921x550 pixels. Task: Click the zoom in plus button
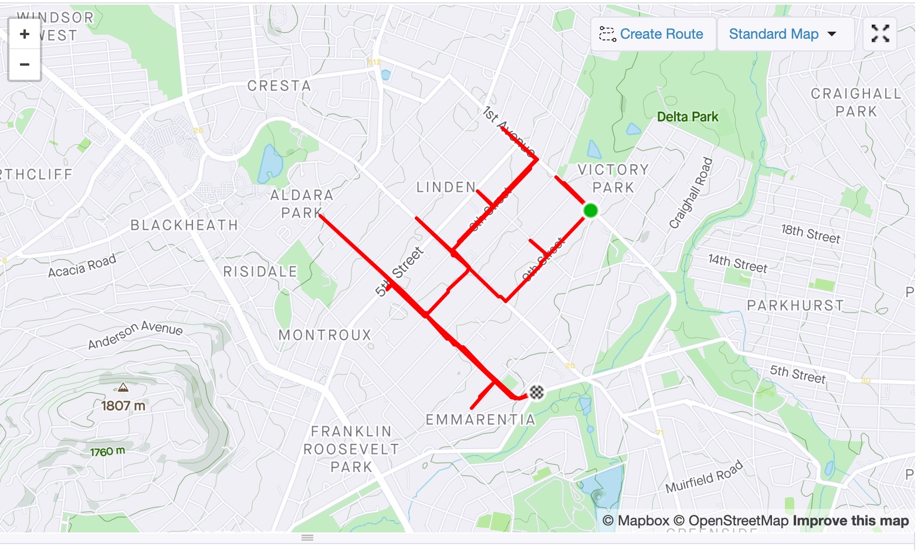(25, 34)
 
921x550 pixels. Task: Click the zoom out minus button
(25, 64)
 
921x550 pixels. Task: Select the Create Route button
(652, 34)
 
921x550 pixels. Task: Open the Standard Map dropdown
(783, 34)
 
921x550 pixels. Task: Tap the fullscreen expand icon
(880, 34)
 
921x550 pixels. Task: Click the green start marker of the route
(590, 211)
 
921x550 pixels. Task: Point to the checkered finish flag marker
(536, 392)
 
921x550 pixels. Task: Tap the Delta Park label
(688, 117)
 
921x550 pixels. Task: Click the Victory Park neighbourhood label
(613, 178)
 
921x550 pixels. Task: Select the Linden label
(446, 188)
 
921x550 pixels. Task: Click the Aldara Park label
(302, 203)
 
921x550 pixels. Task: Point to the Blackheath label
(184, 225)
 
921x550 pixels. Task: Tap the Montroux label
(325, 335)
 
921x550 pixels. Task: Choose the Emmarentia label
(480, 420)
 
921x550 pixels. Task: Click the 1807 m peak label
(123, 406)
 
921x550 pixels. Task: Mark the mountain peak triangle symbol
(123, 387)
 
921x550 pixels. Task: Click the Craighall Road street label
(691, 193)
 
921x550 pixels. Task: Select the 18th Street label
(811, 233)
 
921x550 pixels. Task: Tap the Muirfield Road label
(704, 477)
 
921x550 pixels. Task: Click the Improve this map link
(851, 521)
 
